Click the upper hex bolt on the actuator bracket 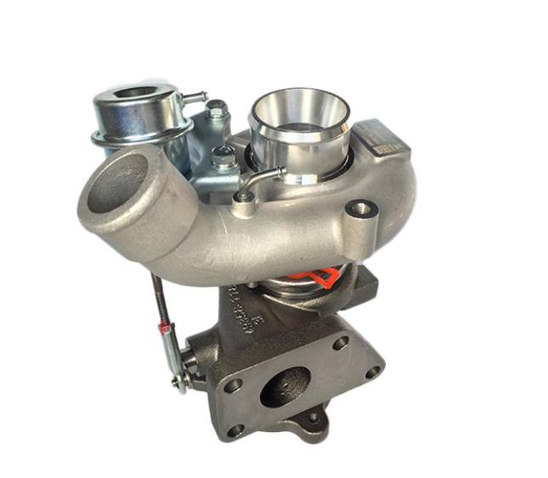click(216, 110)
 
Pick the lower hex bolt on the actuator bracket click(223, 157)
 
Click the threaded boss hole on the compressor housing click(361, 208)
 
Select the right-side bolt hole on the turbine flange click(372, 372)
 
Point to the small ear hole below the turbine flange click(314, 418)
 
